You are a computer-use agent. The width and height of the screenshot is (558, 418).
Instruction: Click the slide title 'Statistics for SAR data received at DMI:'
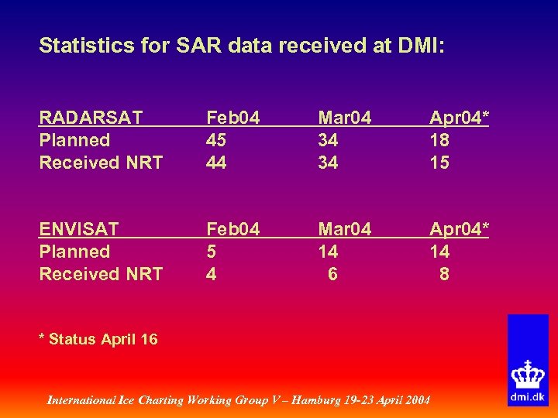click(x=242, y=46)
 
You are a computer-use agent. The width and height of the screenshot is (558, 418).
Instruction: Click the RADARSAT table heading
click(x=91, y=118)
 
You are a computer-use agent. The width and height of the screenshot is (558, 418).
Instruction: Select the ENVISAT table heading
click(x=79, y=229)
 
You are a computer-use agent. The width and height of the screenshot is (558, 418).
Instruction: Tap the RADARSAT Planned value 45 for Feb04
click(x=216, y=140)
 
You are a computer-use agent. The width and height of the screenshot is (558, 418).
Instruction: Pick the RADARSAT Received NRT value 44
click(x=216, y=163)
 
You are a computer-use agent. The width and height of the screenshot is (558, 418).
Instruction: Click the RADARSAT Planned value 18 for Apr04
click(x=439, y=140)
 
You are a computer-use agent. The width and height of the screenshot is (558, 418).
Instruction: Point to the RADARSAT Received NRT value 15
click(x=439, y=163)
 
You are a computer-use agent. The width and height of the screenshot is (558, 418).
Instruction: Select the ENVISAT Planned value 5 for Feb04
click(x=211, y=252)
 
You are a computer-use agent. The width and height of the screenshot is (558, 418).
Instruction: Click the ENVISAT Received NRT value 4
click(x=211, y=274)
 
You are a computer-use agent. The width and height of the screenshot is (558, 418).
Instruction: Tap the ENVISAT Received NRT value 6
click(x=332, y=274)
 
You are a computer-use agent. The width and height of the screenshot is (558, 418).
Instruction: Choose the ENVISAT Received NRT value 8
click(x=443, y=274)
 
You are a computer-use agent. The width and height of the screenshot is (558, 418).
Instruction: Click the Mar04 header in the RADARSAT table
click(x=345, y=118)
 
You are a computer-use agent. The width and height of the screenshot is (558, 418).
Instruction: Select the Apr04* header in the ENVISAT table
click(x=460, y=229)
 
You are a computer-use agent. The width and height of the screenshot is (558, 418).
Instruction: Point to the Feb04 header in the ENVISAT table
click(x=232, y=229)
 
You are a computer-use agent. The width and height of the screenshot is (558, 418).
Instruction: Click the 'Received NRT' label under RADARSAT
click(x=101, y=163)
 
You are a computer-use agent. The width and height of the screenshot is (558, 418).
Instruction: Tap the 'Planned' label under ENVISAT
click(x=74, y=252)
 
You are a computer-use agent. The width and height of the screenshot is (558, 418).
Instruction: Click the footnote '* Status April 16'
click(x=98, y=339)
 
